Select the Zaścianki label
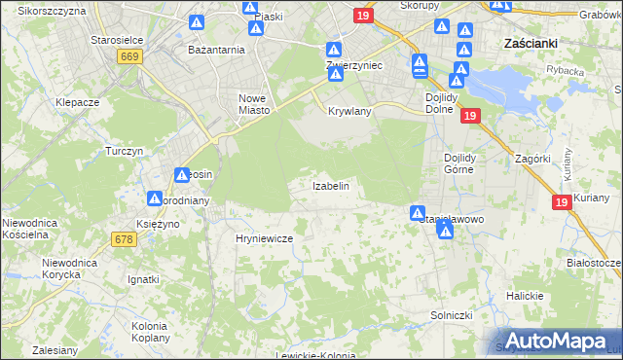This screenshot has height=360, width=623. click(531, 43)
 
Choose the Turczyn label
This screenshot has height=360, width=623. click(125, 152)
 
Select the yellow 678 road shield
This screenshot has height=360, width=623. click(124, 239)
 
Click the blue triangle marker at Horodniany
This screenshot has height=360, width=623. click(155, 198)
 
